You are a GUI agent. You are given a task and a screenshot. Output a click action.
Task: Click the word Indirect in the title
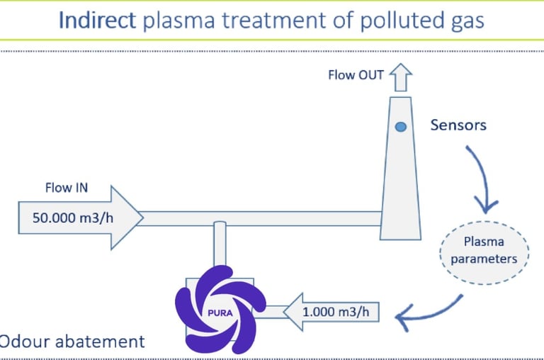97,20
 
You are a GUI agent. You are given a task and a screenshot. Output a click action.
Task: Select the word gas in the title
465,21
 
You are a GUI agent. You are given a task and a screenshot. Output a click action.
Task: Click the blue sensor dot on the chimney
400,128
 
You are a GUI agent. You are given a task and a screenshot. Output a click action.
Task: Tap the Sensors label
458,125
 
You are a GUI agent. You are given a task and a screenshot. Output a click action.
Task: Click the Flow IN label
67,189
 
